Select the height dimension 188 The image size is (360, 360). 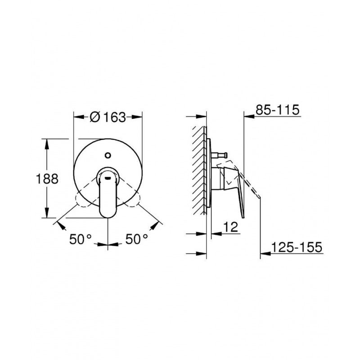pyautogui.click(x=47, y=179)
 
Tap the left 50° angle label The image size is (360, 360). pyautogui.click(x=81, y=239)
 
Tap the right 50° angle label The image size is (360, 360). pyautogui.click(x=136, y=239)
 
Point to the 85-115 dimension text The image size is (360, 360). pyautogui.click(x=278, y=110)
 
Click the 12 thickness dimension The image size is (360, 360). pyautogui.click(x=230, y=228)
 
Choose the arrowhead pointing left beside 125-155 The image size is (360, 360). pyautogui.click(x=265, y=254)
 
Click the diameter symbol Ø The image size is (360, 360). pyautogui.click(x=94, y=117)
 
